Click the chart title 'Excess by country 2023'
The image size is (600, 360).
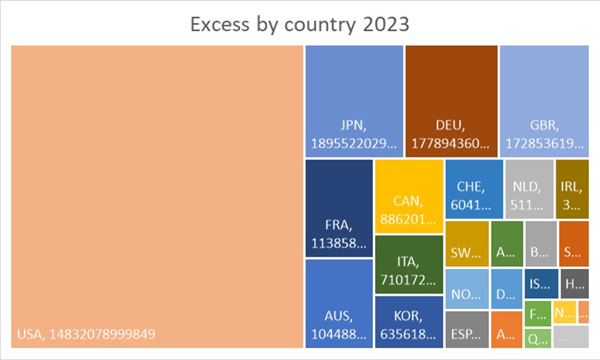pyautogui.click(x=300, y=24)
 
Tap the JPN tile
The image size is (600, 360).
pyautogui.click(x=354, y=101)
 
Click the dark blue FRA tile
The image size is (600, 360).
pyautogui.click(x=338, y=208)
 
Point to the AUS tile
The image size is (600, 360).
pyautogui.click(x=338, y=303)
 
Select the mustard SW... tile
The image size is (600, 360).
pyautogui.click(x=466, y=243)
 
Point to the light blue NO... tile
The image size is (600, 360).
pyautogui.click(x=466, y=288)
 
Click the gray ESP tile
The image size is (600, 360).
pyautogui.click(x=466, y=330)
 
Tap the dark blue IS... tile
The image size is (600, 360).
pyautogui.click(x=541, y=284)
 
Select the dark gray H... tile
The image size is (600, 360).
pyautogui.click(x=574, y=284)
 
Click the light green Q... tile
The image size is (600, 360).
pyautogui.click(x=538, y=339)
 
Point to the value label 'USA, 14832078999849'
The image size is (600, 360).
pyautogui.click(x=86, y=334)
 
